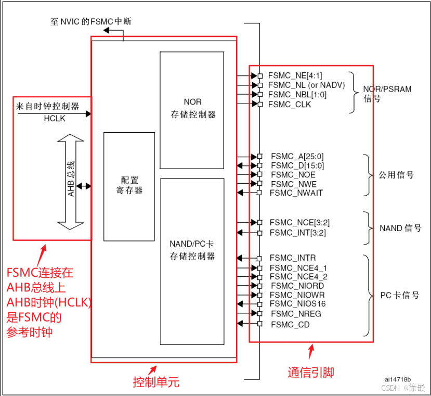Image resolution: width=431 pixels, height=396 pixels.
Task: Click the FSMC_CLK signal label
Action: pyautogui.click(x=290, y=104)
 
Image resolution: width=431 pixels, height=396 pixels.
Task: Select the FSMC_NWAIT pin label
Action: pyautogui.click(x=296, y=193)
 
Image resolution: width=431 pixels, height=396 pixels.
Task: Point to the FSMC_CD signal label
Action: pyautogui.click(x=290, y=324)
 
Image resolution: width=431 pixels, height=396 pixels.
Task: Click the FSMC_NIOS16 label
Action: pyautogui.click(x=298, y=304)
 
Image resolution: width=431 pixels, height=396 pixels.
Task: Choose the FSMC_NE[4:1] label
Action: pyautogui.click(x=295, y=75)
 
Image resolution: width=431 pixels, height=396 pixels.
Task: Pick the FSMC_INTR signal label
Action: pyautogui.click(x=293, y=258)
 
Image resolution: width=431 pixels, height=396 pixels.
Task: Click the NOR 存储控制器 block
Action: pyautogui.click(x=192, y=109)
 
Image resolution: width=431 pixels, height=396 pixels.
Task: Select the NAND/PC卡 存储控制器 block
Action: pyautogui.click(x=192, y=250)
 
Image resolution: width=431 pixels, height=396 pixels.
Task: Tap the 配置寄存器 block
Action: pyautogui.click(x=129, y=186)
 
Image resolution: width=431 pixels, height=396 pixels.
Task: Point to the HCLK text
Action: pyautogui.click(x=55, y=119)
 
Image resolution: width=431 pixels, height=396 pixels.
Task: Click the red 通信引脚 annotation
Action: pyautogui.click(x=310, y=372)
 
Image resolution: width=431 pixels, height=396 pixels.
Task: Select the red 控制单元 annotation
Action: pyautogui.click(x=156, y=382)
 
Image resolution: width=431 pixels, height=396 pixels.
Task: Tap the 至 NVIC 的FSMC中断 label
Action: pyautogui.click(x=91, y=22)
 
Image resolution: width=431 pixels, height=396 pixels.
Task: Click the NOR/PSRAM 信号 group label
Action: pyautogui.click(x=387, y=94)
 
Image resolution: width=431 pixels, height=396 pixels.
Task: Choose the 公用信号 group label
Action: pyautogui.click(x=396, y=175)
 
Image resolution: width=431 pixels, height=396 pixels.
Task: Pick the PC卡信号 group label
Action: pyautogui.click(x=399, y=295)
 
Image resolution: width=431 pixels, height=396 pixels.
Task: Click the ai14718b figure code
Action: pyautogui.click(x=398, y=379)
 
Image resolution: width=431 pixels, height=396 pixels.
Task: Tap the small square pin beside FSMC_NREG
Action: pyautogui.click(x=259, y=314)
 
